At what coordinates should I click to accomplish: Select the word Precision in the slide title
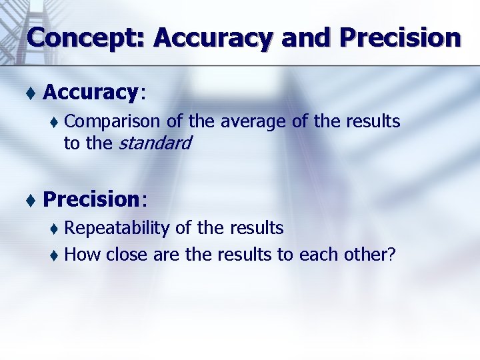400,38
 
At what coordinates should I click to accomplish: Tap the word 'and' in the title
306,38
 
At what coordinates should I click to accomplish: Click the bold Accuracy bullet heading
90,93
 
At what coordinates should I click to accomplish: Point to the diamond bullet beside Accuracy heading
31,93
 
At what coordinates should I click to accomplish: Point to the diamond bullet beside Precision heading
31,199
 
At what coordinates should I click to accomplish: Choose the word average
248,122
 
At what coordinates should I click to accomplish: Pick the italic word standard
155,143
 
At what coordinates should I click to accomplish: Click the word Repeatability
117,228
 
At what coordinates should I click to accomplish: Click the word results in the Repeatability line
257,228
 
